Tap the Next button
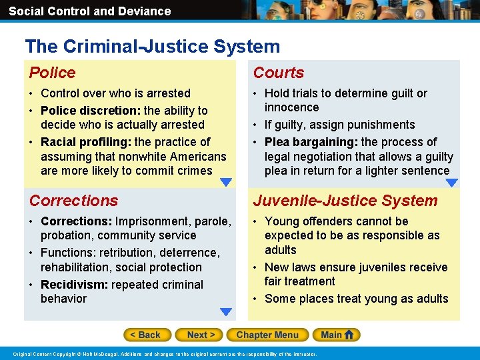[x=201, y=335]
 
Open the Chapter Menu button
[x=267, y=335]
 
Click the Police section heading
[x=53, y=73]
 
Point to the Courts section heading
[x=279, y=73]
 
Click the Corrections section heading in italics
[x=74, y=201]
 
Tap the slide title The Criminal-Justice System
[x=153, y=47]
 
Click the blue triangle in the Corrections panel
[x=226, y=311]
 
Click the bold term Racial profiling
[x=86, y=142]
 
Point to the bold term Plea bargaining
[x=311, y=142]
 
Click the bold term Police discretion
[x=91, y=111]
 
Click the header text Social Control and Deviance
[x=89, y=11]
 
